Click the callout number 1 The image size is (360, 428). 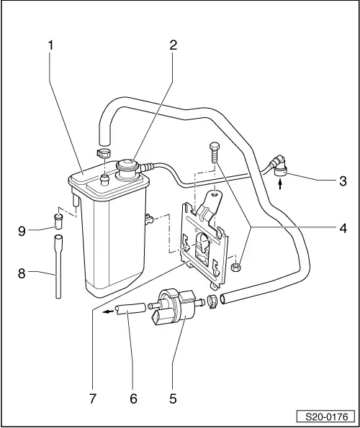click(x=50, y=45)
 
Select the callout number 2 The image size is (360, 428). click(x=173, y=45)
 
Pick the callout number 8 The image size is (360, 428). click(x=22, y=273)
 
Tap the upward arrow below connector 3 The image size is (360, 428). click(x=279, y=186)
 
